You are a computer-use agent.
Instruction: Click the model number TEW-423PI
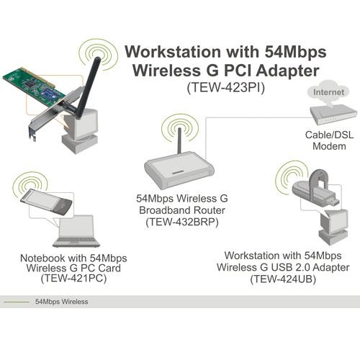[225, 88]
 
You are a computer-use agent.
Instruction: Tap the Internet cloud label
[328, 92]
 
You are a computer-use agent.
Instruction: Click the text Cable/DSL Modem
[329, 140]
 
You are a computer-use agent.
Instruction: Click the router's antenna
[179, 140]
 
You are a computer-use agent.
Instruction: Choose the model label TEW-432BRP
[182, 222]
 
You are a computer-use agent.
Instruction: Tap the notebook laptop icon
[76, 231]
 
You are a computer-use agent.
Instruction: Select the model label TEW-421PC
[73, 279]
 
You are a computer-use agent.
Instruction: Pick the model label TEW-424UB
[283, 279]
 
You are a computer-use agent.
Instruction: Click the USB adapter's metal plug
[333, 202]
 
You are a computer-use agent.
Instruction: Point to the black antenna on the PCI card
[87, 88]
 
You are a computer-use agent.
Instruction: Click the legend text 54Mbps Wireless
[61, 302]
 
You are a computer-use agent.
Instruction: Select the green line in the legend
[17, 302]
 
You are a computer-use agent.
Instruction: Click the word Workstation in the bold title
[173, 52]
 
